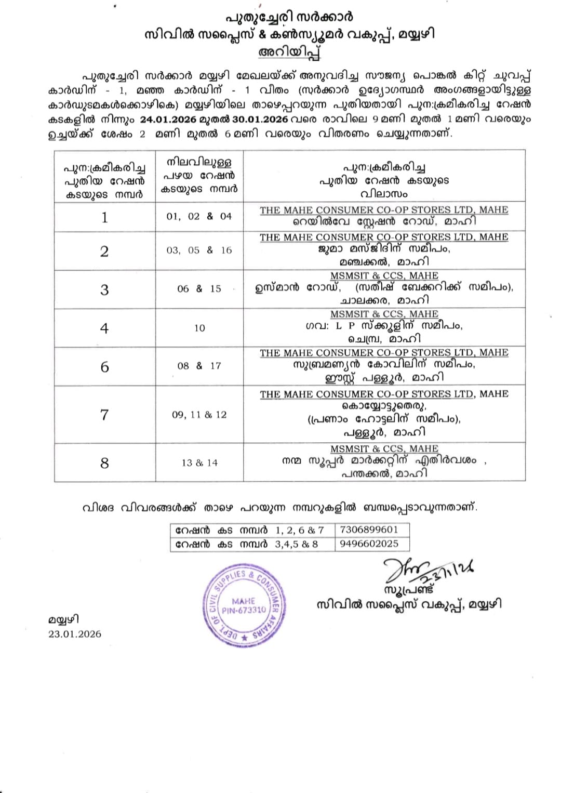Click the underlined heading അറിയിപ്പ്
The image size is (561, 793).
tap(289, 52)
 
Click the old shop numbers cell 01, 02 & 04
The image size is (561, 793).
tap(199, 216)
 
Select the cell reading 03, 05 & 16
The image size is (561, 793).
tap(199, 250)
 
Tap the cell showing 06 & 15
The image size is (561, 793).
tap(199, 288)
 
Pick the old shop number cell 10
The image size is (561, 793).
tap(199, 328)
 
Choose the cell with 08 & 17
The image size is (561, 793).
tap(199, 366)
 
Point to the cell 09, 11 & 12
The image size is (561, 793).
tap(199, 415)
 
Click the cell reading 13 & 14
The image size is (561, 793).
tap(199, 462)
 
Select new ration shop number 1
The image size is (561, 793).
tap(104, 217)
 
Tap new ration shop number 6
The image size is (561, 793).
tap(104, 367)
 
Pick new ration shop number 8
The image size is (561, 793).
tap(104, 463)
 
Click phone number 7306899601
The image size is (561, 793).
tap(369, 530)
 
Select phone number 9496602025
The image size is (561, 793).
tap(369, 544)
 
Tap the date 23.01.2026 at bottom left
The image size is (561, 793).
tap(75, 634)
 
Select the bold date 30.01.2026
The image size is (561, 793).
tap(257, 119)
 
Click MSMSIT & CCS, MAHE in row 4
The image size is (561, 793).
tap(384, 314)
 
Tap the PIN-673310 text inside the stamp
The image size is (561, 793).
tap(244, 610)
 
